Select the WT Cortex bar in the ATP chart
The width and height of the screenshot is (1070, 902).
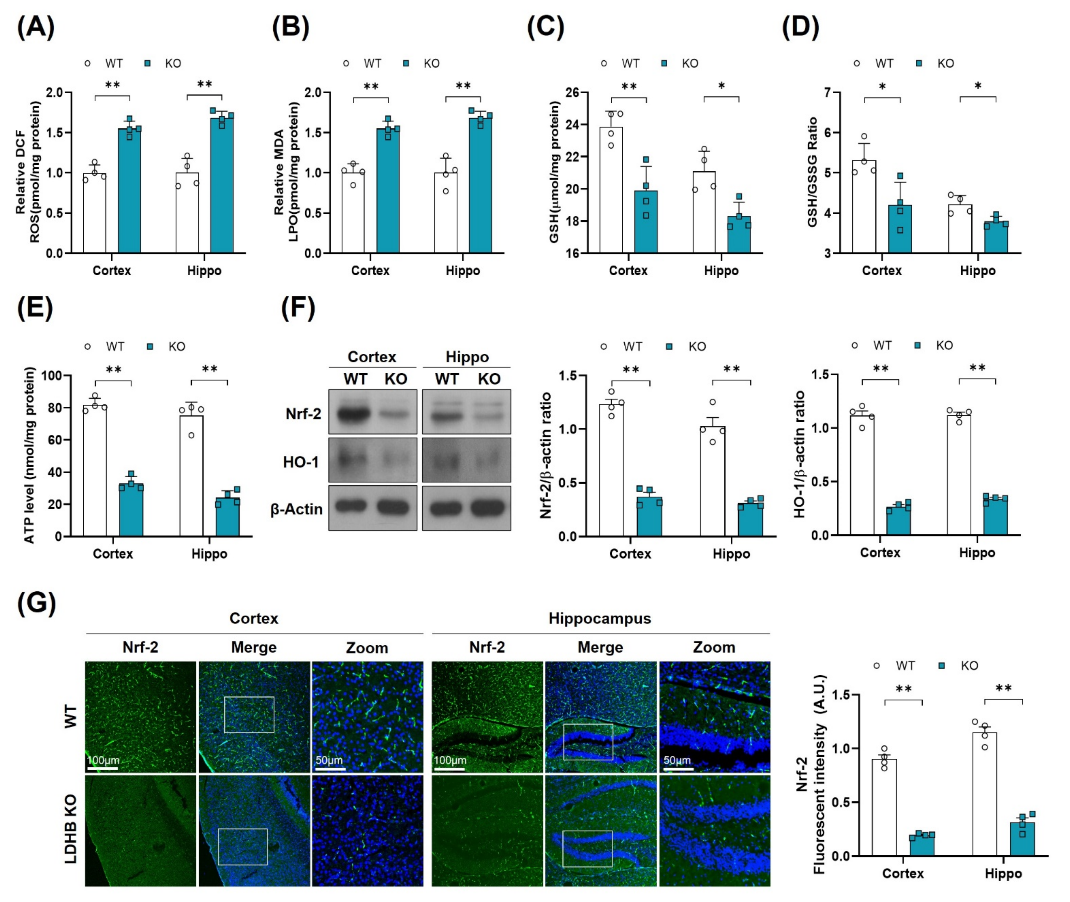tap(95, 470)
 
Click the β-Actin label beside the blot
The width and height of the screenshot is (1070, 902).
tap(297, 509)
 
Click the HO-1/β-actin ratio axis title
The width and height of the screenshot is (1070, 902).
tap(799, 454)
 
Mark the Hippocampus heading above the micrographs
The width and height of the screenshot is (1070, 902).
tap(600, 618)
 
